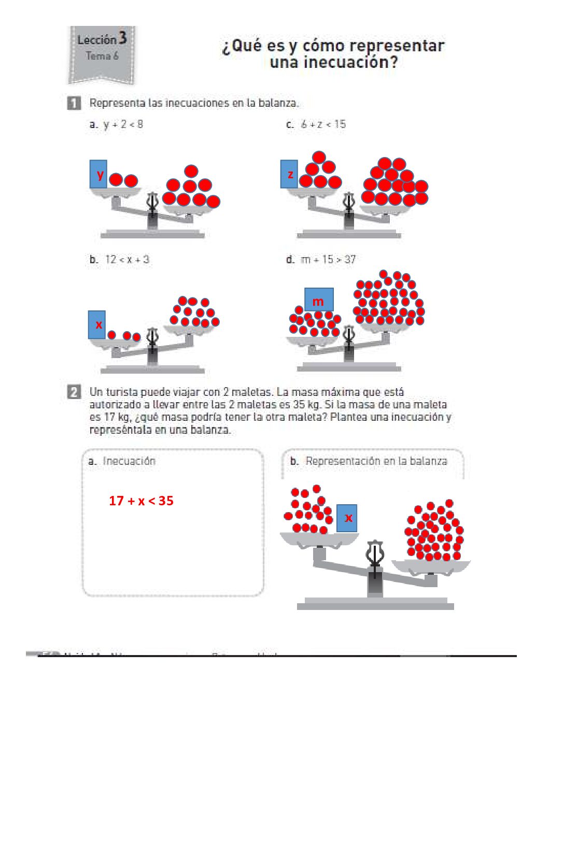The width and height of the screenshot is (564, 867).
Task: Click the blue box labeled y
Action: click(98, 174)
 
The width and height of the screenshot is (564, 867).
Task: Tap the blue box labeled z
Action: click(289, 174)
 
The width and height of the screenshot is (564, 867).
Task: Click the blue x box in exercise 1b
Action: click(97, 325)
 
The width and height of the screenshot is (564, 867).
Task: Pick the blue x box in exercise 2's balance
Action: click(347, 518)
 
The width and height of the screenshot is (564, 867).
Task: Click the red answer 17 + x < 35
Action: click(141, 501)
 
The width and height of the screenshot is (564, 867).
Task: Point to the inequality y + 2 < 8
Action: click(123, 124)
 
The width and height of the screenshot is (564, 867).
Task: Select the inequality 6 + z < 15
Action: click(323, 124)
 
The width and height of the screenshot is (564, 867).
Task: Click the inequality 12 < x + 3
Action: click(127, 259)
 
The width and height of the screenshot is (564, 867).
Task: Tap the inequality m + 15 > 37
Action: click(328, 259)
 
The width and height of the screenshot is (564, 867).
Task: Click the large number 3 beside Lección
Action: click(122, 38)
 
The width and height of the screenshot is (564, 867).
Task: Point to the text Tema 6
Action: click(102, 56)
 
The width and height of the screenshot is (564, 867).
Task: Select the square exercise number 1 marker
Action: click(74, 103)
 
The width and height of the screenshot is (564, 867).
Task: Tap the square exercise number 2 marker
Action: click(74, 392)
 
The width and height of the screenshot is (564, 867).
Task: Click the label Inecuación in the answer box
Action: click(129, 461)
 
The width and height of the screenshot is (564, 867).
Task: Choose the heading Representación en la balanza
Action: click(376, 461)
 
